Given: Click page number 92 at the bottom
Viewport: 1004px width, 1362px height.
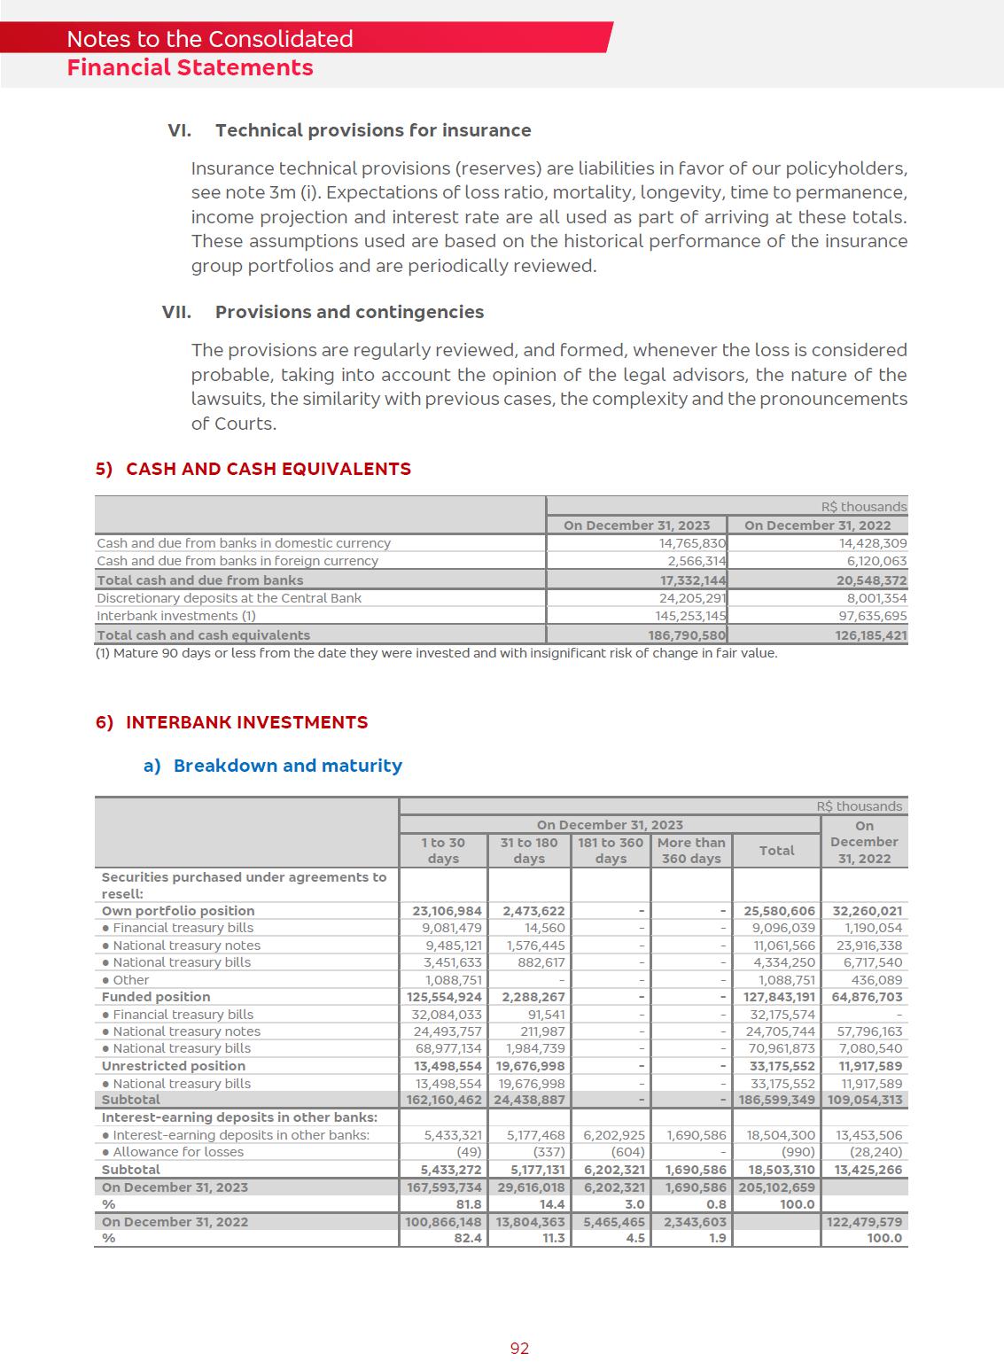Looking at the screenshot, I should [x=519, y=1348].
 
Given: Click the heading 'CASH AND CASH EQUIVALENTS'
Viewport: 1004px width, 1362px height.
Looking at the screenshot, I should [x=268, y=469].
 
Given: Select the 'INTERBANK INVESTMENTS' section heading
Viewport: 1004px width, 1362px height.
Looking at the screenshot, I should [x=246, y=722].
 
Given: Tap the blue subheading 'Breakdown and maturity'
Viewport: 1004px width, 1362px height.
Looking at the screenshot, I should [x=287, y=766].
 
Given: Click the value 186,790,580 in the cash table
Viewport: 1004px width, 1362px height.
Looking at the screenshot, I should [x=687, y=635].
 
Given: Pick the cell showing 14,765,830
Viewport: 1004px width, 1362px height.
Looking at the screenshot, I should [x=692, y=543].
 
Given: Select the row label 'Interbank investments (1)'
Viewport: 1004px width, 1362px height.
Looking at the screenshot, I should [x=176, y=616].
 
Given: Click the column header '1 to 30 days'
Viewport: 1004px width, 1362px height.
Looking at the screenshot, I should [x=443, y=851].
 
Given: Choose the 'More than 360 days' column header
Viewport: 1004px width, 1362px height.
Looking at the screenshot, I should [x=691, y=851].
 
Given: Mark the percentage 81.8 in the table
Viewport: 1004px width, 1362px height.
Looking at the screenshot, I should [x=468, y=1204].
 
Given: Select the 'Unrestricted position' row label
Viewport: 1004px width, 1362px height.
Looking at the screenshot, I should [x=174, y=1066].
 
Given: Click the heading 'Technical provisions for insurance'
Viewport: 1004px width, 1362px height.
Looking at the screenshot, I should [x=373, y=130].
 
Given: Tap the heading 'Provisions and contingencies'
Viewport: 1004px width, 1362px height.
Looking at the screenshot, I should [x=349, y=312].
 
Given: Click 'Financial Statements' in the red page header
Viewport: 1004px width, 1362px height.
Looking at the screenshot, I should [x=190, y=68].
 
